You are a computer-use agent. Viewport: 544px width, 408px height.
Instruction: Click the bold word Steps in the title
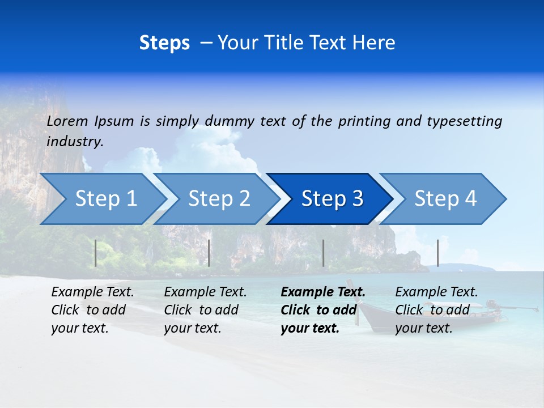coord(164,43)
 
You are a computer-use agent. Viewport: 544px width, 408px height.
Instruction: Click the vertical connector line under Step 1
coord(96,253)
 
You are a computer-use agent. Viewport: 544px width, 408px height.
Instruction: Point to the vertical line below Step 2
coord(209,253)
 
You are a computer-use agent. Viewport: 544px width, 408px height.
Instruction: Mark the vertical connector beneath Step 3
coord(323,253)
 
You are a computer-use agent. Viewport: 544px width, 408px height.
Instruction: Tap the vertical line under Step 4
coord(437,253)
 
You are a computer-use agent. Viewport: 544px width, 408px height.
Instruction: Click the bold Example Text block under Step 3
coord(322,310)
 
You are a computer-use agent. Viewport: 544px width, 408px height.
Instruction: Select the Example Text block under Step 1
coord(92,310)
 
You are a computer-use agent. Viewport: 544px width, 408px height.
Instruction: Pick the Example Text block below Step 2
coord(205,310)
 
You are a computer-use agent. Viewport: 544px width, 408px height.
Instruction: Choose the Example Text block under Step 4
coord(436,310)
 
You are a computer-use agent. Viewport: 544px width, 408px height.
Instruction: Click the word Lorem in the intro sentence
coord(67,121)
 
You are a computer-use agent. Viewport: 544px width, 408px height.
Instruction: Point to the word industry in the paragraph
coord(75,142)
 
